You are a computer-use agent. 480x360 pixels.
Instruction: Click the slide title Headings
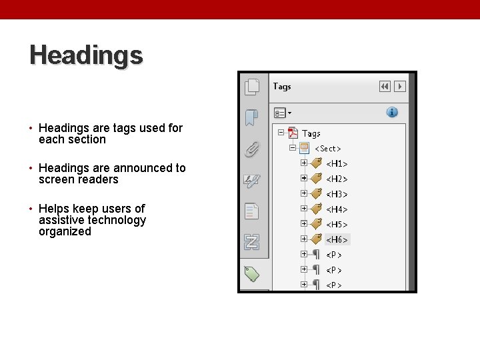(x=86, y=55)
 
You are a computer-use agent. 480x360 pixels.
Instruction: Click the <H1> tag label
(x=337, y=163)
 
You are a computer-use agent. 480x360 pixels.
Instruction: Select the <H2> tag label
(x=337, y=179)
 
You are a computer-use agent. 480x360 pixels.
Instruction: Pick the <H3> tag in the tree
(x=337, y=194)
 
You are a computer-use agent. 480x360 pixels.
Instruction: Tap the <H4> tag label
(x=337, y=209)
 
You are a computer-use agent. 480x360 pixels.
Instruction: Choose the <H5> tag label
(x=337, y=225)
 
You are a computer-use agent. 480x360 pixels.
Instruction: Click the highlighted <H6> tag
(x=337, y=239)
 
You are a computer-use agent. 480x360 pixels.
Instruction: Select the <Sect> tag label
(x=328, y=149)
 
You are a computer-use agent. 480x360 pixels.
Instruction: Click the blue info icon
(x=393, y=112)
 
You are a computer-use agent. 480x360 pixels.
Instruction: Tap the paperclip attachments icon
(x=252, y=149)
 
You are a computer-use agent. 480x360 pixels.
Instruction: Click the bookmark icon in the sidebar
(x=251, y=118)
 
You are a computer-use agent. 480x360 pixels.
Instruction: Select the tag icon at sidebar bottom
(x=252, y=273)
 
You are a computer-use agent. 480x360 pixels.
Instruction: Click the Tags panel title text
(x=282, y=87)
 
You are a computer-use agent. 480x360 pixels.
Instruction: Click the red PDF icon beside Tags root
(x=292, y=133)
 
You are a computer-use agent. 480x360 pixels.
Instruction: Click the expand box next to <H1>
(x=304, y=163)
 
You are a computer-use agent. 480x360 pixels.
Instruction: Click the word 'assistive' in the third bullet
(x=61, y=220)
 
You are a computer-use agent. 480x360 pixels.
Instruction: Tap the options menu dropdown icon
(x=282, y=113)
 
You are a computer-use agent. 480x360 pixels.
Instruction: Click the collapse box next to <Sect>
(x=293, y=148)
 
